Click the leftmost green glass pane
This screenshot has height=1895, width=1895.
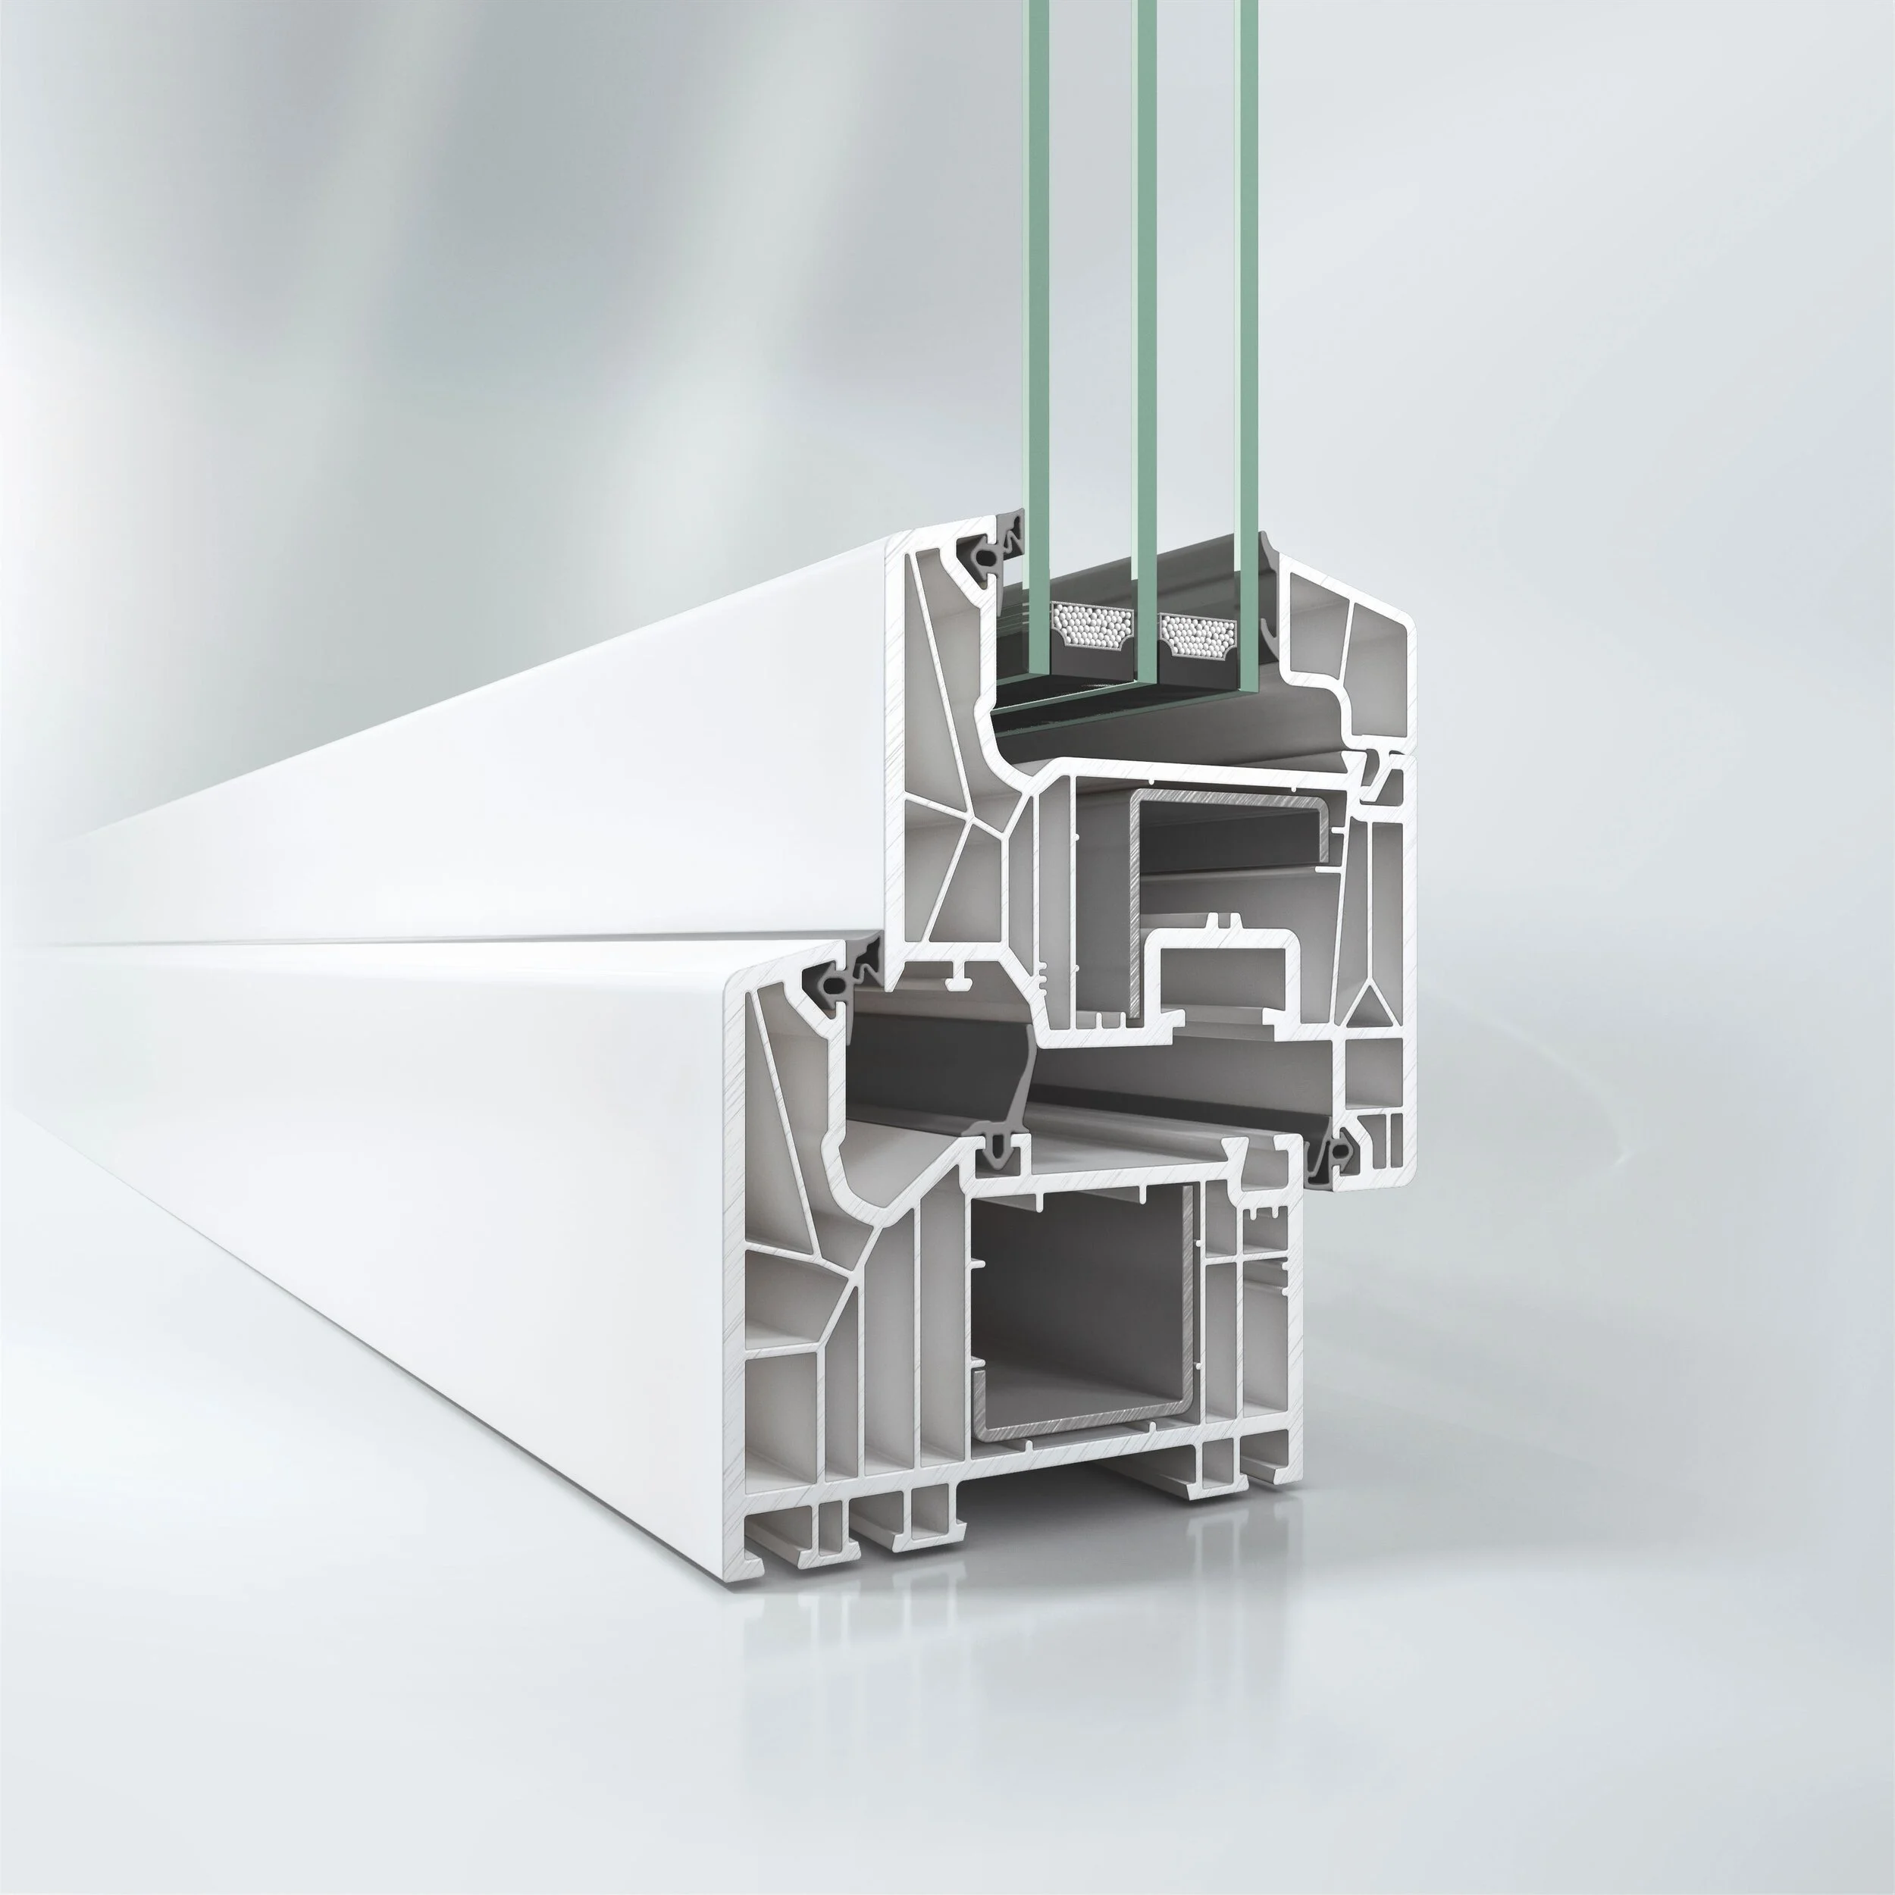[x=1037, y=294]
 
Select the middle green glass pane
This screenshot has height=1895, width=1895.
[x=1145, y=294]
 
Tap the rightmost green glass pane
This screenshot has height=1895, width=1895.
[x=1247, y=294]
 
